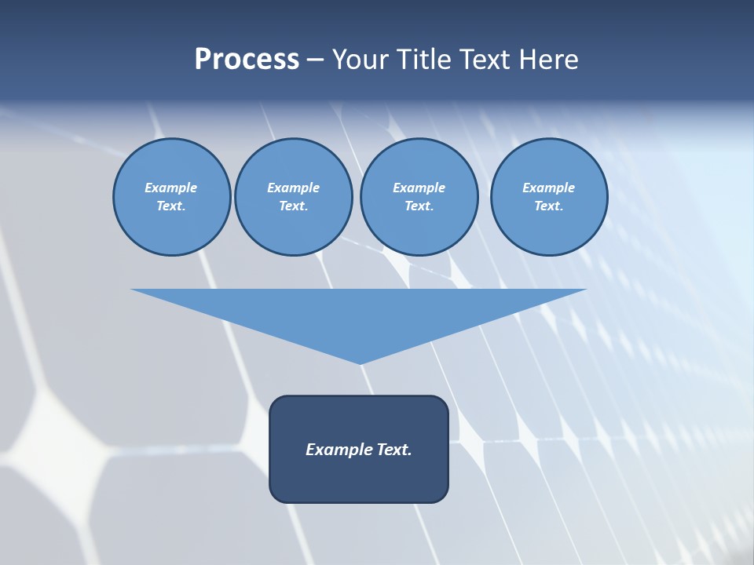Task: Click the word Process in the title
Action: [x=247, y=60]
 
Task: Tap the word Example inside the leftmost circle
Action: [x=171, y=188]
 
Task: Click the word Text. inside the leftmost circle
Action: [x=171, y=206]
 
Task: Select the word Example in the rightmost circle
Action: [x=548, y=188]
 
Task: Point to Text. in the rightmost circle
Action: [x=548, y=206]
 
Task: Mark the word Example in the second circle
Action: [x=293, y=188]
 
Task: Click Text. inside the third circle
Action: [x=419, y=206]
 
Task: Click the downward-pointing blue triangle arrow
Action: [x=359, y=314]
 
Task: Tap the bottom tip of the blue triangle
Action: [x=360, y=362]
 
